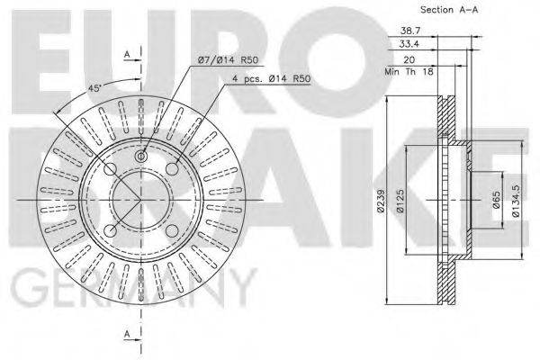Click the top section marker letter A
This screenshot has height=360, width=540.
click(128, 55)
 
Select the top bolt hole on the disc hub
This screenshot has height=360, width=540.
click(140, 158)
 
